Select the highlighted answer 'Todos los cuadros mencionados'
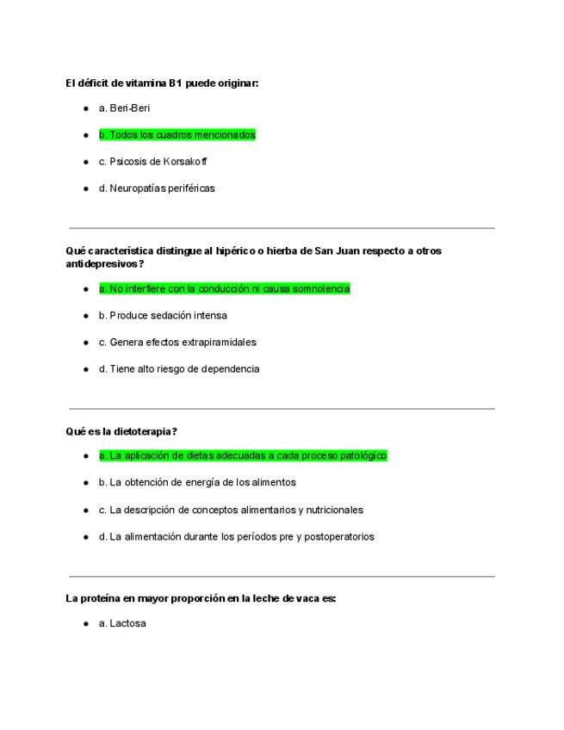177,135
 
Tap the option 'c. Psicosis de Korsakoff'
152,162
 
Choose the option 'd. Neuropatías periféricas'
157,189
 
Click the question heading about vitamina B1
162,83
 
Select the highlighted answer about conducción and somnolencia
224,289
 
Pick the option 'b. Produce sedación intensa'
163,316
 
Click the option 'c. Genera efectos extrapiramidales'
177,343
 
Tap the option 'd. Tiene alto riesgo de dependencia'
179,369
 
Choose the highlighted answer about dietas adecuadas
243,455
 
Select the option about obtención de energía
197,482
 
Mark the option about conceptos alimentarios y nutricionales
231,510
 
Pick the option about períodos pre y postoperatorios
236,536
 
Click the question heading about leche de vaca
201,598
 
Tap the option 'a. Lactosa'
122,622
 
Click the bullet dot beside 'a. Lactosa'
86,622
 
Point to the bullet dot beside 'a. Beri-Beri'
86,108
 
